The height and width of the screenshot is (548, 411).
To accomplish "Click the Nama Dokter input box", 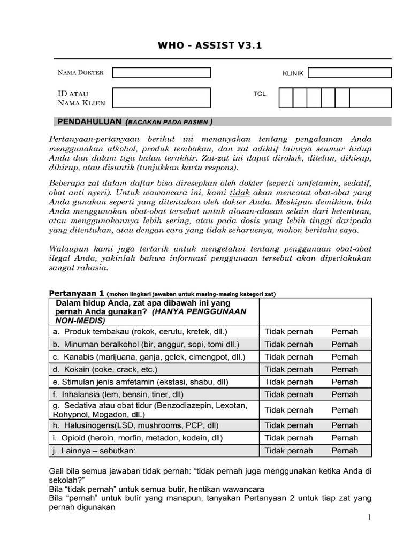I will pyautogui.click(x=161, y=72).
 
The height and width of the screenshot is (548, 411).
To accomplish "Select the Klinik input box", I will pyautogui.click(x=349, y=73).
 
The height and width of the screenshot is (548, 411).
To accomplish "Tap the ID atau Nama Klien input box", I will pyautogui.click(x=161, y=98).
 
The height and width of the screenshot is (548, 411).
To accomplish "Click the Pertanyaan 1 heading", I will pyautogui.click(x=77, y=293).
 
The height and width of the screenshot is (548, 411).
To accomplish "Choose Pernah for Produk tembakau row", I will pyautogui.click(x=345, y=331).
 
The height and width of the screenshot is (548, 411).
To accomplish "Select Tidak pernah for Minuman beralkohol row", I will pyautogui.click(x=288, y=344).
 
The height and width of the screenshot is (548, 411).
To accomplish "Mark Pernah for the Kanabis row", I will pyautogui.click(x=345, y=356).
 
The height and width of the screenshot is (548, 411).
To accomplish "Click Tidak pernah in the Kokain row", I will pyautogui.click(x=288, y=369).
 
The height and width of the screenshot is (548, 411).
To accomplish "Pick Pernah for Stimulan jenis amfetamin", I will pyautogui.click(x=345, y=382).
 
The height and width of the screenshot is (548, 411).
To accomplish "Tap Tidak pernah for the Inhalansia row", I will pyautogui.click(x=288, y=394).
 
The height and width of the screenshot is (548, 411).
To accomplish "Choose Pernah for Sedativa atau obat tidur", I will pyautogui.click(x=345, y=410).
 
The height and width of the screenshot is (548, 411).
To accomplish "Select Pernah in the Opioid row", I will pyautogui.click(x=345, y=438).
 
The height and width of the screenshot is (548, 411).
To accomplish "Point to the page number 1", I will pyautogui.click(x=369, y=519).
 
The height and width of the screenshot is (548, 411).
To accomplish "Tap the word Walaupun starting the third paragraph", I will pyautogui.click(x=67, y=249).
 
